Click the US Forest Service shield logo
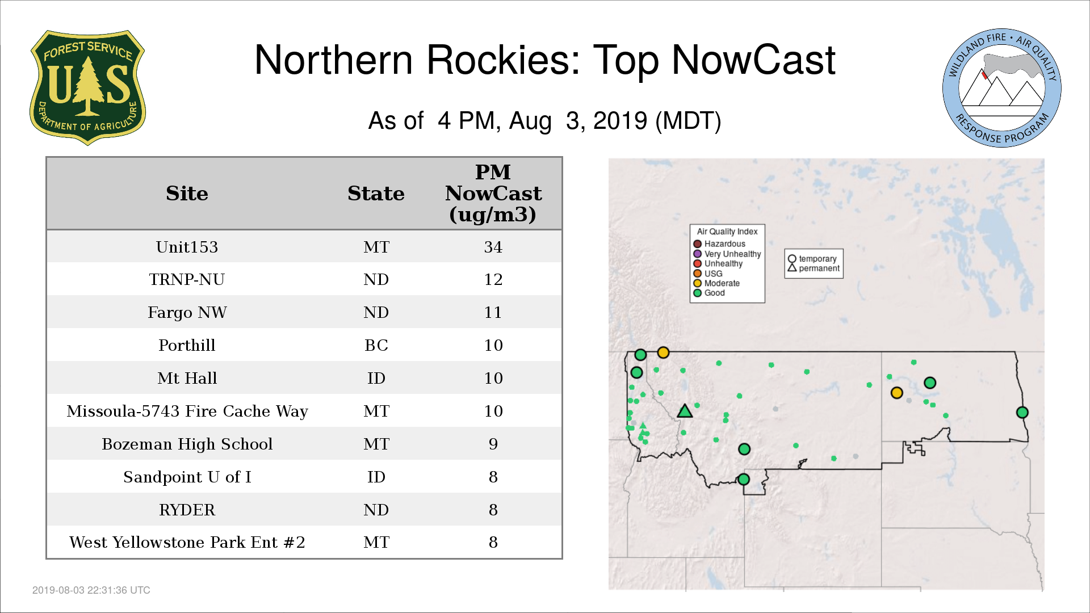click(87, 87)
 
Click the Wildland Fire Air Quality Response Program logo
click(1002, 88)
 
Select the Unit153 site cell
click(187, 247)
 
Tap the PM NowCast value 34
click(493, 247)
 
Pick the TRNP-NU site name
click(187, 279)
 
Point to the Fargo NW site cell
click(187, 312)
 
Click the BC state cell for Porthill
click(376, 345)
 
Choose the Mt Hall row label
click(187, 378)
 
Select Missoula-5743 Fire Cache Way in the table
click(187, 411)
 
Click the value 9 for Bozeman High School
click(493, 444)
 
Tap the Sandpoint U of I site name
click(187, 477)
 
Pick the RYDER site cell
click(187, 510)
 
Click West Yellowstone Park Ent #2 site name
click(187, 542)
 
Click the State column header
click(376, 194)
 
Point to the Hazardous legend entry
click(719, 244)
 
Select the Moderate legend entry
click(716, 283)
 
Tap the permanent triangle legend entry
click(814, 268)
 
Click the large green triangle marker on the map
click(685, 411)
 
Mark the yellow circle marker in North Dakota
click(896, 393)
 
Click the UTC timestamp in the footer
click(91, 590)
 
